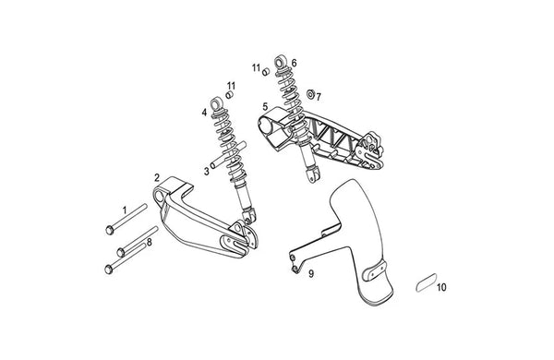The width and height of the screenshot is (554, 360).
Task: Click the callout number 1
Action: point(125,210)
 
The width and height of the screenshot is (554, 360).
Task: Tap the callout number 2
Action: point(157,177)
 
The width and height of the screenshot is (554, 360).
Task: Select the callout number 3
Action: point(206,172)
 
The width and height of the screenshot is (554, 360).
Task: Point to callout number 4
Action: point(204,113)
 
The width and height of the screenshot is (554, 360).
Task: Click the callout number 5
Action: point(265,106)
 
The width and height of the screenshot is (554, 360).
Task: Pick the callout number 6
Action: point(294,64)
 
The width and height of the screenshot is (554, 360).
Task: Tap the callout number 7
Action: point(319,97)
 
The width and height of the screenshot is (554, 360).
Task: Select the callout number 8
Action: point(149,243)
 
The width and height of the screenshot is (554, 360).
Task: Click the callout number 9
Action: point(311,274)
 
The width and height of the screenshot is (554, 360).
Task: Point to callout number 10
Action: point(441,288)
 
